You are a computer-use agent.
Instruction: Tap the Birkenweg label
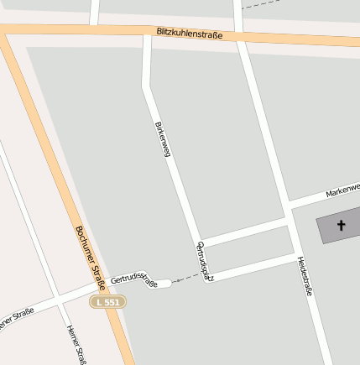coord(163,139)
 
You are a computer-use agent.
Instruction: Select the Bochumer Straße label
coord(89,255)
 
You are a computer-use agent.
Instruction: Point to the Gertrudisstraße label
coord(134,279)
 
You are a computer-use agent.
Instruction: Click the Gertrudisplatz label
coord(206,261)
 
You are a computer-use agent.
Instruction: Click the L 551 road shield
coord(109,301)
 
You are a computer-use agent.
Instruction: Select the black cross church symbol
coord(342,226)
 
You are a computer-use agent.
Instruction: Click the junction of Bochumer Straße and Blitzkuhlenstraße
coord(8,30)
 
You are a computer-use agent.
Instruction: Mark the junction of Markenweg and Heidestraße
coord(288,205)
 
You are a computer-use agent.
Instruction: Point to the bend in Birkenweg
coord(148,86)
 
